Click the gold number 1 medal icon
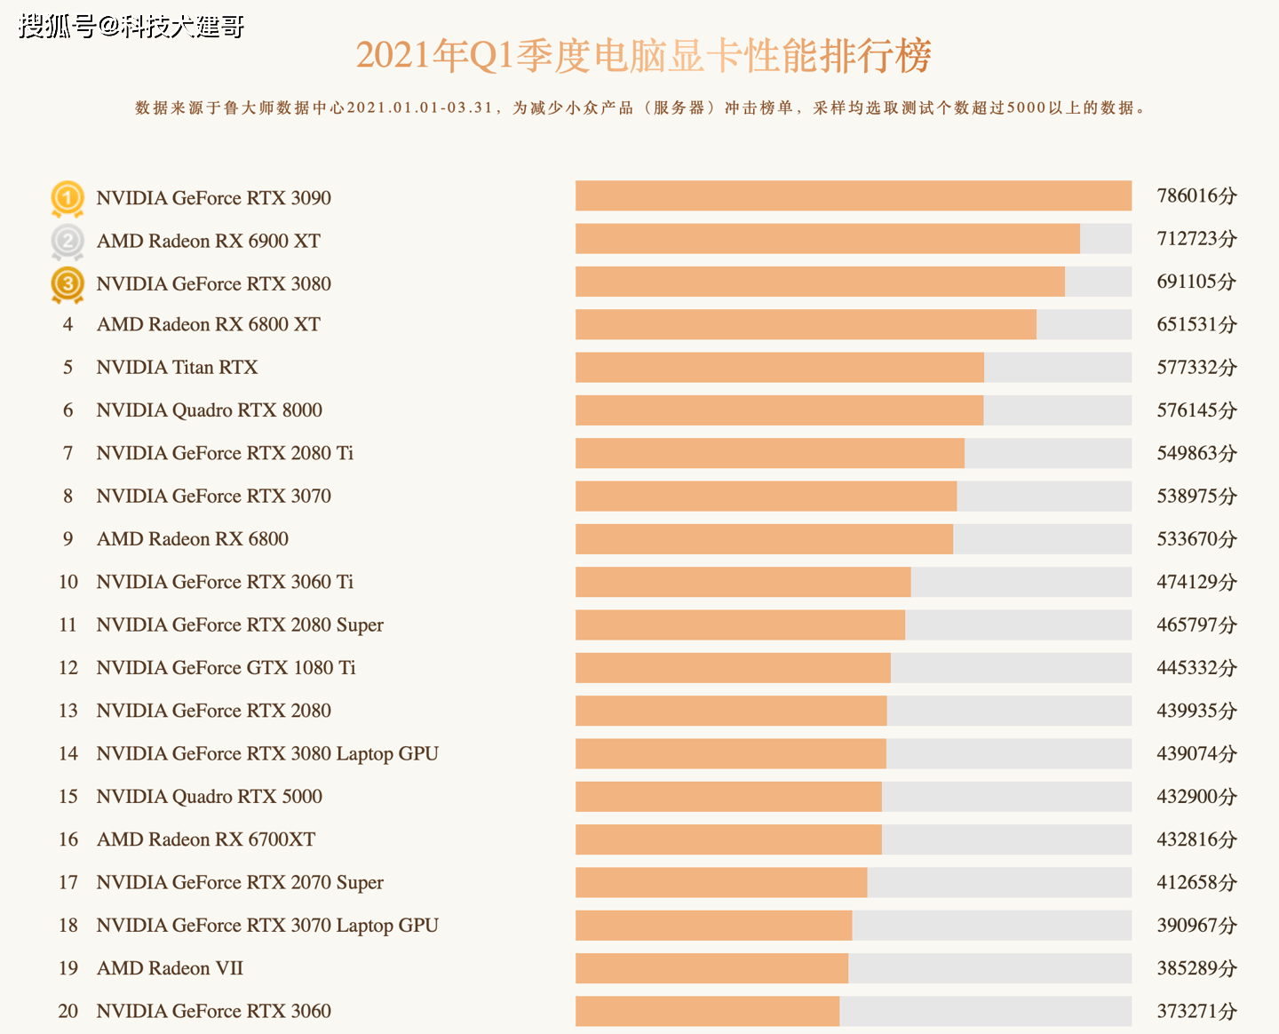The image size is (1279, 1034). coord(68,197)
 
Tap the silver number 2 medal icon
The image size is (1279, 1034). coord(68,241)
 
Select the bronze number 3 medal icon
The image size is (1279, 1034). coord(68,284)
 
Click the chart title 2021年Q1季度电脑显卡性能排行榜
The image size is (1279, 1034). coord(643,56)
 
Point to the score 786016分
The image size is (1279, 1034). coord(1196,195)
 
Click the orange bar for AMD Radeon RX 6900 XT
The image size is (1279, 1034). coord(827,239)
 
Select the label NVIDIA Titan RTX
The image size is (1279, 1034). coord(177,367)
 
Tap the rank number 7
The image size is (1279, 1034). coord(68,453)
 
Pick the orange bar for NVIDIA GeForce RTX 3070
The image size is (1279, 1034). coord(766,496)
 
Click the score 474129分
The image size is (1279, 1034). coord(1196,582)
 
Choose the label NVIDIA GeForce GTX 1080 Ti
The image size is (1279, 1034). coord(226,667)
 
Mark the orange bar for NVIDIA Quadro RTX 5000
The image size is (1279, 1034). coord(728,797)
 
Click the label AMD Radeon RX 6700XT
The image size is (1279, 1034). coord(206,839)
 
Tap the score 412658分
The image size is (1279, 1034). coord(1196,882)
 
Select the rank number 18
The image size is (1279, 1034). coord(68,926)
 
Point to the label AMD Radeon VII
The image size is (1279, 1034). coord(170,968)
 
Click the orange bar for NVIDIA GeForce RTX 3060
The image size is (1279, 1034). coord(707,1011)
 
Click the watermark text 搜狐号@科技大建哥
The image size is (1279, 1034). coord(131,27)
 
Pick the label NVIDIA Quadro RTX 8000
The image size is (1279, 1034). coord(209,410)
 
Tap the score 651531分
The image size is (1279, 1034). coord(1196,324)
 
